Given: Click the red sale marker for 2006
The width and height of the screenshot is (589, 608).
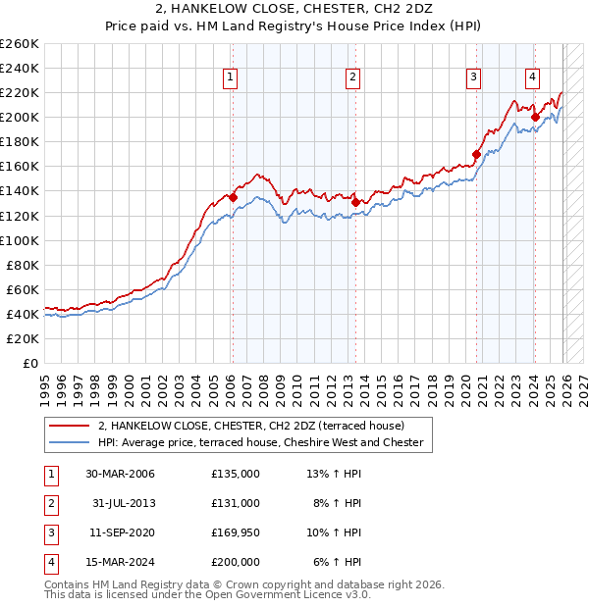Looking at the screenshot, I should click(233, 197).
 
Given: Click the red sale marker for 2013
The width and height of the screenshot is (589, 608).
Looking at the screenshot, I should click(355, 202).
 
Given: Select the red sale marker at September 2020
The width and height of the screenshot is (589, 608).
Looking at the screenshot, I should click(476, 154).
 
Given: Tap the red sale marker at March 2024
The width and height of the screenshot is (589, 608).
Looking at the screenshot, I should click(535, 117).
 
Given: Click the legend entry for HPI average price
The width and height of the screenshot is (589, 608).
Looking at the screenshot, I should click(260, 442).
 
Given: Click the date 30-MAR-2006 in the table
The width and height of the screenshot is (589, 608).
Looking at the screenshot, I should click(120, 473).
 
